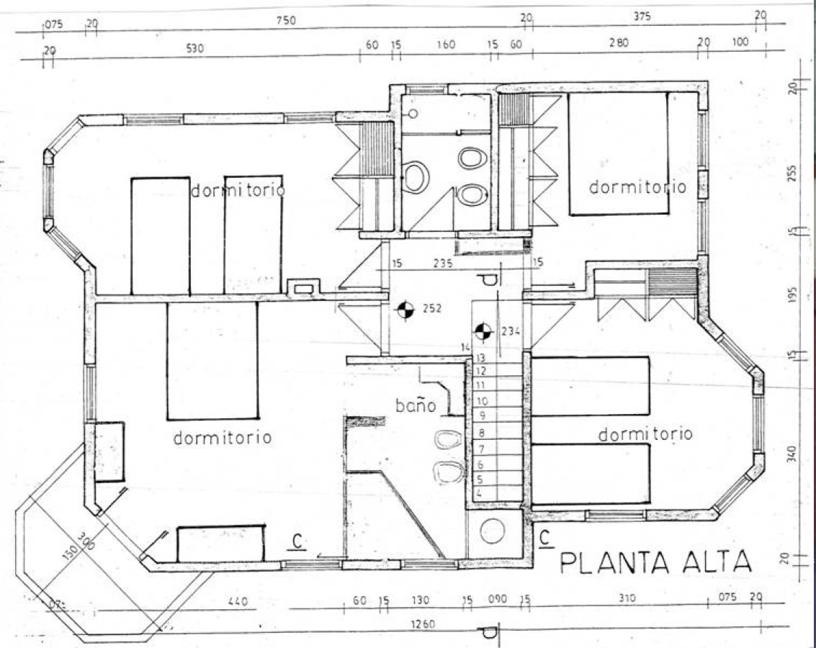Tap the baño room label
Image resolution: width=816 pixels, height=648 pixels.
(416, 405)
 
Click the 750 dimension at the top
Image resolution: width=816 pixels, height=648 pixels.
(286, 21)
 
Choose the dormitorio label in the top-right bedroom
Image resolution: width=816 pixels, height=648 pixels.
(637, 186)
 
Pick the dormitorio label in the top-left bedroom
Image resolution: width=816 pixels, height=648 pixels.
(238, 191)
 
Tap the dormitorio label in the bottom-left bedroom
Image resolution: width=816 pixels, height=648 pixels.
(222, 437)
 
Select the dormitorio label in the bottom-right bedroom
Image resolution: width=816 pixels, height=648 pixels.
(645, 433)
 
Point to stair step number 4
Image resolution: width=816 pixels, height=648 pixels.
(479, 495)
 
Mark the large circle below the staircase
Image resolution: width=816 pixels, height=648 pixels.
(493, 531)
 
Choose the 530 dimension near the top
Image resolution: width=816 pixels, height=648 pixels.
(195, 49)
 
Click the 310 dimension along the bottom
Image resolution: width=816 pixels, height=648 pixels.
(627, 598)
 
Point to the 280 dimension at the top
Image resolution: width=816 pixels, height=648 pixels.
(618, 43)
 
